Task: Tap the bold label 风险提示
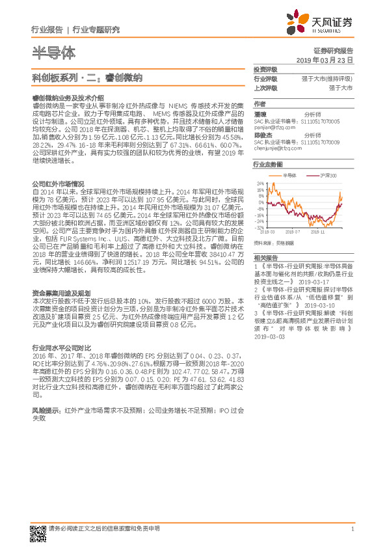[46, 411]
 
